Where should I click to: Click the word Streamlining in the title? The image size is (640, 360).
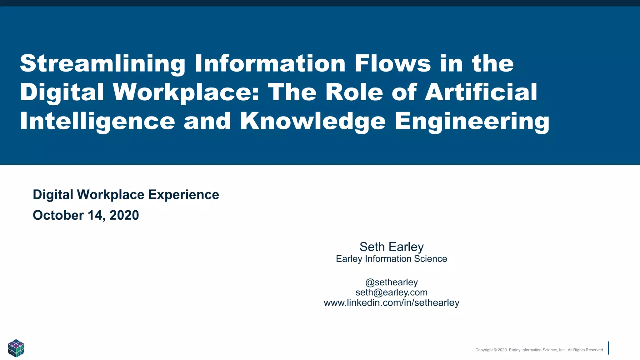pos(102,64)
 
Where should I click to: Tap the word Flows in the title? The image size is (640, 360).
pos(393,63)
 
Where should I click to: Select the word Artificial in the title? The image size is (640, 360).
pos(481,92)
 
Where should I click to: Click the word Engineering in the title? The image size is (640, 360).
pos(472,122)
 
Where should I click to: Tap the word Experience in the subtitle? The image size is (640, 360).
pos(183,195)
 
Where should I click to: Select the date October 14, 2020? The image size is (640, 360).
pos(86,215)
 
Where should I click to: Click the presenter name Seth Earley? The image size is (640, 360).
pos(392,247)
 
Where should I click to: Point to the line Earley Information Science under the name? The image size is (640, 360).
pos(391,259)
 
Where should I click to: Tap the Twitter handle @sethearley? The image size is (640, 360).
pos(392,282)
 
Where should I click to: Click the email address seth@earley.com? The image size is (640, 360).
pos(392,292)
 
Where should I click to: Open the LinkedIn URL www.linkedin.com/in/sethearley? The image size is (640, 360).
pos(392,303)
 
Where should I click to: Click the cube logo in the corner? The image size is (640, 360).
pos(16,348)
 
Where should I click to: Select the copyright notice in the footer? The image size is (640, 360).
pos(539,350)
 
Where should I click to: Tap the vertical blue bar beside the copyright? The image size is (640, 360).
pos(608,348)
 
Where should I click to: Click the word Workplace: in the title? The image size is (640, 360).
pos(186,92)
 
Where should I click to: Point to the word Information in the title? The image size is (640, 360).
pos(270,63)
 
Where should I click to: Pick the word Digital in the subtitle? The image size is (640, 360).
pos(53,195)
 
